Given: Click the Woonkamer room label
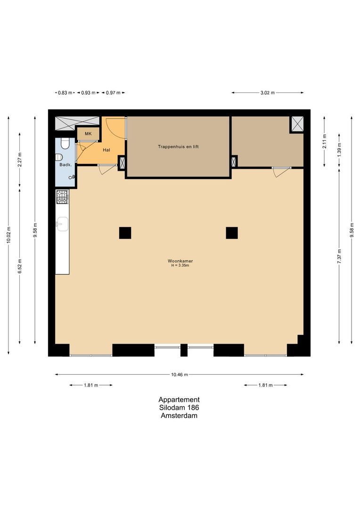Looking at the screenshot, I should [x=180, y=261].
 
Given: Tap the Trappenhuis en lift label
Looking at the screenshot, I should [x=178, y=147].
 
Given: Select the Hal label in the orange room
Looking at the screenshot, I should [x=106, y=150].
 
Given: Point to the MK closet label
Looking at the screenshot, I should [x=88, y=134].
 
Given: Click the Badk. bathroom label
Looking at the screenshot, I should [x=65, y=164].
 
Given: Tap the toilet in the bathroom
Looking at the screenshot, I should [x=59, y=157].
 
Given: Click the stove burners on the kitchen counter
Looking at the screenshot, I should [x=62, y=197].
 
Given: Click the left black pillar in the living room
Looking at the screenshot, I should [x=125, y=233].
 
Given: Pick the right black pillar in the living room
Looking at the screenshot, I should [x=232, y=233].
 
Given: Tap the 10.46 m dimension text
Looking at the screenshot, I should [x=180, y=375].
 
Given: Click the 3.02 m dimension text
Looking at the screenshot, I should [x=268, y=93].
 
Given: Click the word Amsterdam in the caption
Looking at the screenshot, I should [x=179, y=416].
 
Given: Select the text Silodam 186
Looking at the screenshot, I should [x=179, y=408].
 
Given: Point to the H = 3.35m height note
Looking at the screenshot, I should [x=180, y=265].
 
